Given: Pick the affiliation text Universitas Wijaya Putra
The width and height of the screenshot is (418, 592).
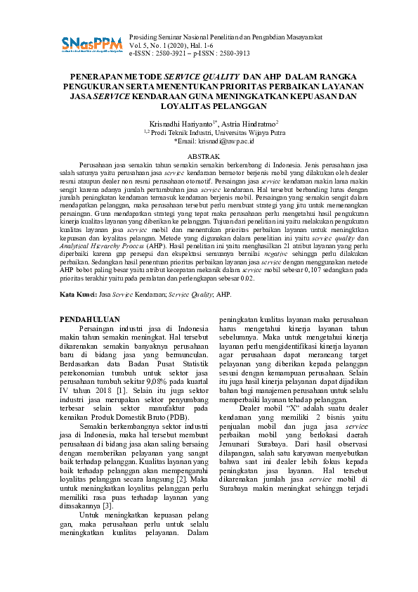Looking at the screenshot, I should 232,131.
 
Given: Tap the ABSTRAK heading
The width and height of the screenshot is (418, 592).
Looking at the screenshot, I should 209,155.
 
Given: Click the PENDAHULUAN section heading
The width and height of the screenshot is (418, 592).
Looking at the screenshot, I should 91,319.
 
